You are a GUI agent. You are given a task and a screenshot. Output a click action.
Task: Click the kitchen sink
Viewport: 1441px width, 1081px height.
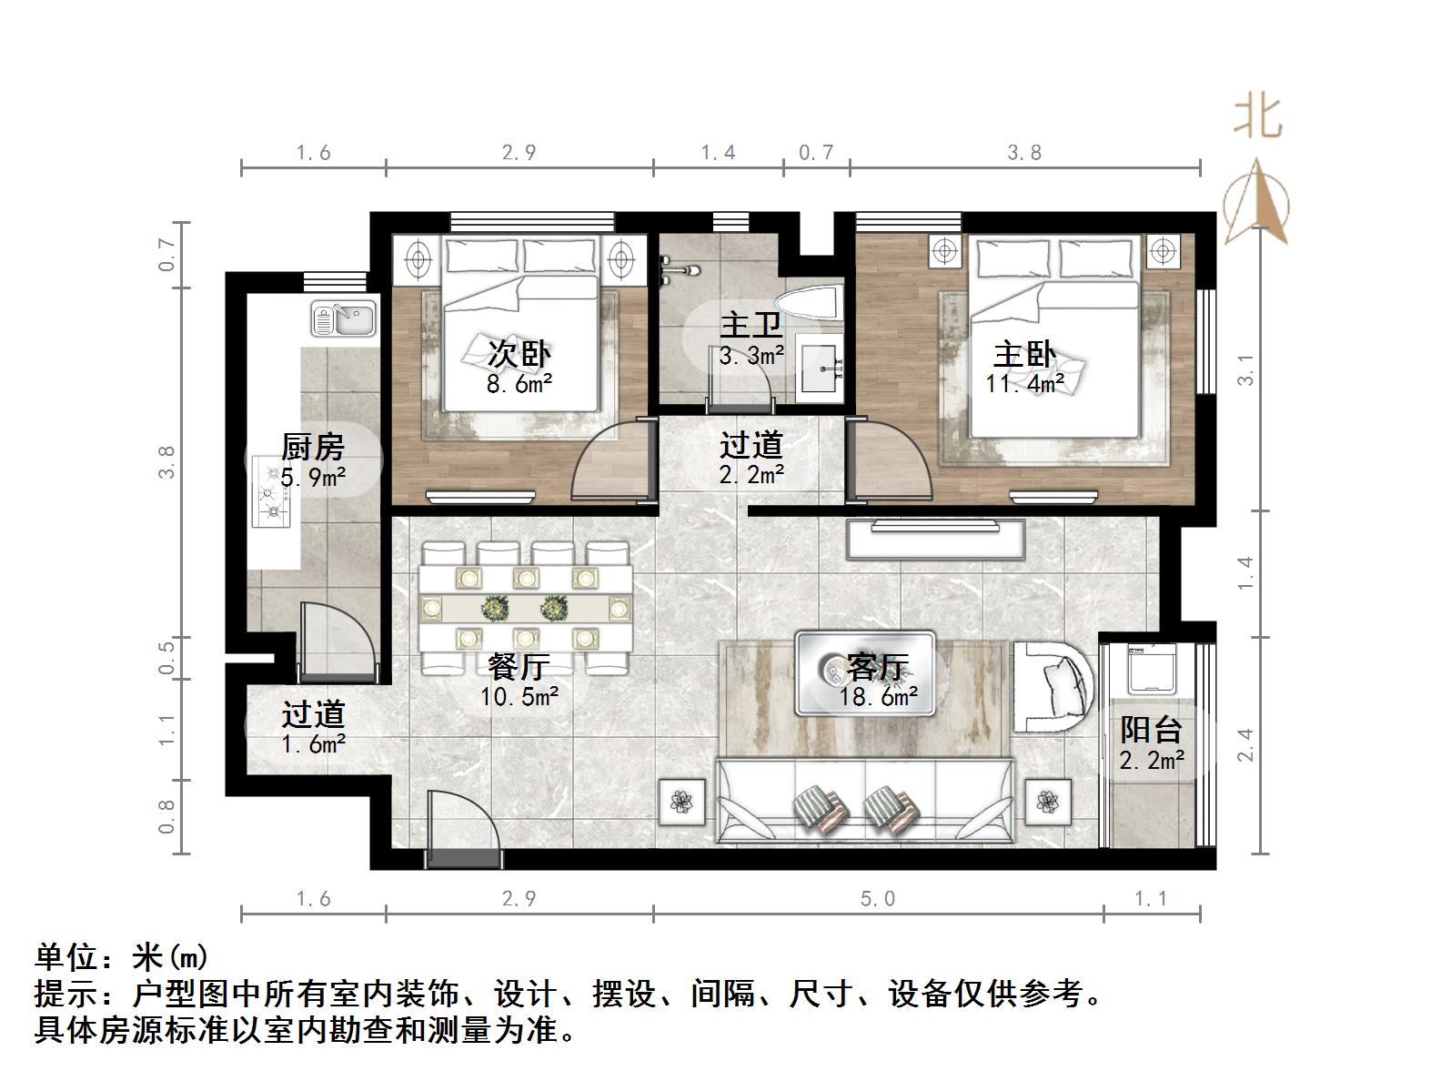click(343, 318)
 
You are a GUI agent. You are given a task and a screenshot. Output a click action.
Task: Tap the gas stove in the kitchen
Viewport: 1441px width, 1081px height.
click(271, 495)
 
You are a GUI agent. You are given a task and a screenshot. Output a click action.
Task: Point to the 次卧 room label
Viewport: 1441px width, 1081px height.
click(519, 353)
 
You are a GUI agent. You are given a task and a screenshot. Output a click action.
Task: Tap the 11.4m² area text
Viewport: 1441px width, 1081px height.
click(1024, 384)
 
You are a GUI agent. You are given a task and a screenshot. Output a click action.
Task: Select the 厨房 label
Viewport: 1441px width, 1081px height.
click(312, 447)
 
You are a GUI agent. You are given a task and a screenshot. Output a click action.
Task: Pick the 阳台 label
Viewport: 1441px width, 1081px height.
click(1151, 730)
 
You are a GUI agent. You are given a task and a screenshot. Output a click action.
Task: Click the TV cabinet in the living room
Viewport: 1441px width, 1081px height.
click(935, 538)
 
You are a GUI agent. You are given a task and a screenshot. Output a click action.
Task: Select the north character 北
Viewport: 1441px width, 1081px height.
click(1257, 116)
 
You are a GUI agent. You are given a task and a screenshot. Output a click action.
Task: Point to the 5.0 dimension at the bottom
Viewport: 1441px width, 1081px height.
click(878, 899)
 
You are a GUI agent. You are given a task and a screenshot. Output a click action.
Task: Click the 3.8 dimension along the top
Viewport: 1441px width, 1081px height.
click(1024, 153)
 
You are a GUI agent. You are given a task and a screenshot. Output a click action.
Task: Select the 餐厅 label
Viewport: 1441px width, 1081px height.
click(519, 667)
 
